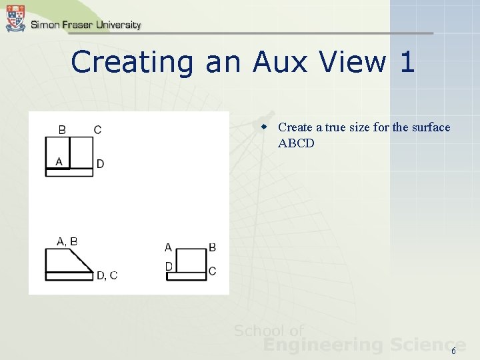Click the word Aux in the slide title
(282, 63)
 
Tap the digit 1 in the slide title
(407, 63)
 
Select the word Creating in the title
(132, 63)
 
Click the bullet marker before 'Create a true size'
(264, 127)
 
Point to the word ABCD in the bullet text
(296, 143)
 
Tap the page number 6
(454, 351)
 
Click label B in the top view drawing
(62, 130)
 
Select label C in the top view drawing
(98, 130)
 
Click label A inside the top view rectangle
(59, 161)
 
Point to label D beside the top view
(100, 164)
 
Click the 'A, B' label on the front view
(67, 241)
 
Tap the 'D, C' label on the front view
(107, 275)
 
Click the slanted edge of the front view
(83, 261)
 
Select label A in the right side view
(168, 247)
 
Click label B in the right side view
(212, 247)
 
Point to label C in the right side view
(212, 271)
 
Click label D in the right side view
(169, 267)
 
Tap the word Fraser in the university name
(77, 25)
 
